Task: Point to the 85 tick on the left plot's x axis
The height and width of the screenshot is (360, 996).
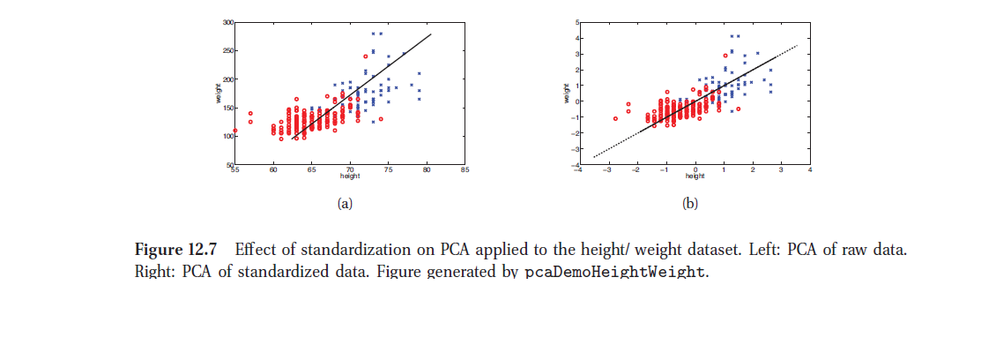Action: (x=465, y=170)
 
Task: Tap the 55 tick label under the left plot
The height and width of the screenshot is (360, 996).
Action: (x=235, y=170)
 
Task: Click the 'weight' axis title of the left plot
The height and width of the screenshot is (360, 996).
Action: (x=218, y=94)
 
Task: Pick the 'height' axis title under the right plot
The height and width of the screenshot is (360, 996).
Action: (x=695, y=176)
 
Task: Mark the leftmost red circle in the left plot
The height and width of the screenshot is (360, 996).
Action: (x=235, y=131)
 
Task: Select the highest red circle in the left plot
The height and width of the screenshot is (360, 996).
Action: (x=365, y=56)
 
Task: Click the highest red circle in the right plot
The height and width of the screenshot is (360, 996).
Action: (x=725, y=55)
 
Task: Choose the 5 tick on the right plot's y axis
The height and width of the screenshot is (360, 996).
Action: (x=574, y=21)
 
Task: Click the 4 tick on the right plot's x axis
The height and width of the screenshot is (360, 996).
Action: (x=808, y=170)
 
